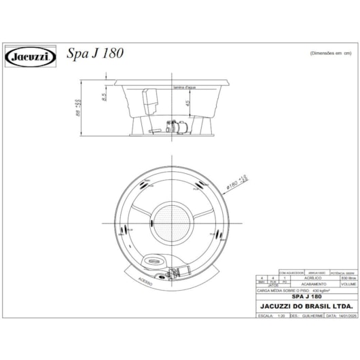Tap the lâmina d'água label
coord(184,88)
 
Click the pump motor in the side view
coord(179,126)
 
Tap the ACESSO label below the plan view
coord(145,279)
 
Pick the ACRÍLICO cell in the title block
coord(312,278)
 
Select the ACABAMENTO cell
coord(312,285)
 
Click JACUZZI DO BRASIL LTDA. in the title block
coord(306,306)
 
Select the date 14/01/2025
coord(345,317)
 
